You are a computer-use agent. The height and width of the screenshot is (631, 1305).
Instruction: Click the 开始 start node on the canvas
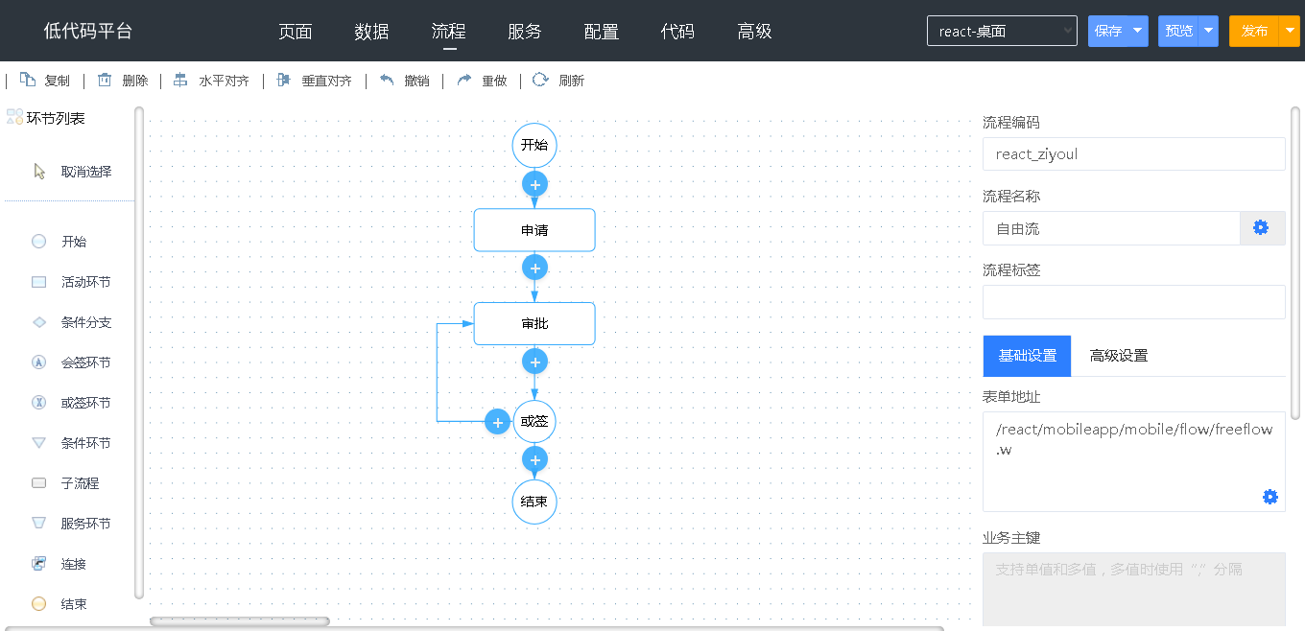click(x=534, y=145)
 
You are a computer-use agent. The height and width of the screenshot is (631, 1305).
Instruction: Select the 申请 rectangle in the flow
click(x=534, y=230)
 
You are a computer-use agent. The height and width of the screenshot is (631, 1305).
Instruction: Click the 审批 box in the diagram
click(x=534, y=323)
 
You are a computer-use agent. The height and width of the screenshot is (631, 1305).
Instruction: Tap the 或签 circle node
click(x=534, y=421)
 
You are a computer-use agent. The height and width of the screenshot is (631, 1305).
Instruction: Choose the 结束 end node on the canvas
click(x=534, y=502)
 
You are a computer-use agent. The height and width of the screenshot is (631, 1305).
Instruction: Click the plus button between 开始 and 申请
click(x=534, y=185)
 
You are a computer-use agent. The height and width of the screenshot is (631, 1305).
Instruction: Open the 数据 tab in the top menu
click(x=371, y=32)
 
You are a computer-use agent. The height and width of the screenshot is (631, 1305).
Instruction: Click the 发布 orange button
click(x=1254, y=31)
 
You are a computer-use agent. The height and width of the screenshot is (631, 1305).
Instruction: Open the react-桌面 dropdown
click(x=1002, y=31)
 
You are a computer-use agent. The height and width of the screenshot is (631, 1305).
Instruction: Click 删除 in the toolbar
click(x=123, y=81)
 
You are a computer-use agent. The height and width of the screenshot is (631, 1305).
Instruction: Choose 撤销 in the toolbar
click(x=404, y=81)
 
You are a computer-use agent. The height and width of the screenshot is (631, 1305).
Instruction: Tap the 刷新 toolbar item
click(x=558, y=81)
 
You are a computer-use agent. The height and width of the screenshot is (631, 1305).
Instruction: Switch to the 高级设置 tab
click(x=1119, y=356)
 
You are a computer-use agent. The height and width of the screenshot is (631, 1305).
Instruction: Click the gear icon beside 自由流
click(x=1261, y=227)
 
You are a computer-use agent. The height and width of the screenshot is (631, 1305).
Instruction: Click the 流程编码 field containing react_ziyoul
click(x=1133, y=154)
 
